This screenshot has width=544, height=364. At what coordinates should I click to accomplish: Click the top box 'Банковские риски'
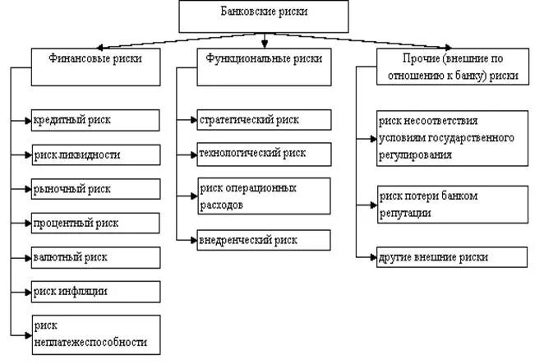point(262,14)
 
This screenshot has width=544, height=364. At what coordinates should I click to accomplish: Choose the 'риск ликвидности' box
point(95,154)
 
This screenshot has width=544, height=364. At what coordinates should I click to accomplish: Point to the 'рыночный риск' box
point(95,188)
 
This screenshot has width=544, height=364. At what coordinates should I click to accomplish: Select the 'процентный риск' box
point(95,223)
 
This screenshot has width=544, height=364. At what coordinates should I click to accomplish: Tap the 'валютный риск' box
point(95,257)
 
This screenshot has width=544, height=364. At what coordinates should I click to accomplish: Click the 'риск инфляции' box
point(95,291)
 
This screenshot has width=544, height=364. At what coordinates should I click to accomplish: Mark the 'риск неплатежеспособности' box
point(95,333)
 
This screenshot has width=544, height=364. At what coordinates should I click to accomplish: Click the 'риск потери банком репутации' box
point(451,204)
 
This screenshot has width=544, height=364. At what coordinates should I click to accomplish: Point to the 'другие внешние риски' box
point(451,257)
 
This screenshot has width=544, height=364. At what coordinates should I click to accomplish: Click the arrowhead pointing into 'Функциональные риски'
point(263,44)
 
